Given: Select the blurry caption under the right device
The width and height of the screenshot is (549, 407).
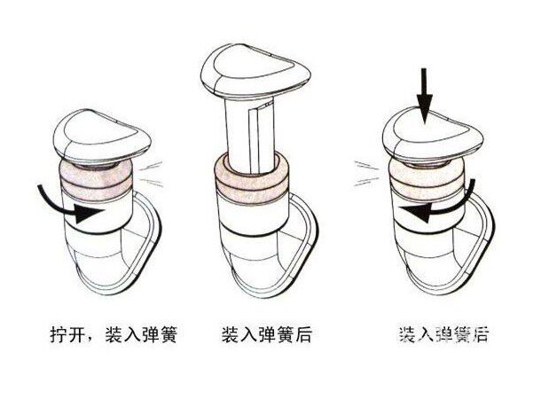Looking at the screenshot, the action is (442, 336).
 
